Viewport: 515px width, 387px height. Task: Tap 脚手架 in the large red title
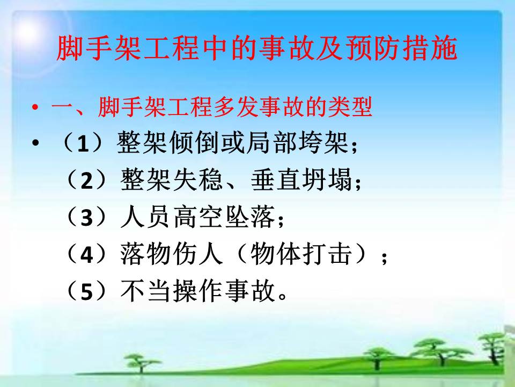pyautogui.click(x=99, y=48)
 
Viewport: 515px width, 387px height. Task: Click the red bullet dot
pyautogui.click(x=35, y=107)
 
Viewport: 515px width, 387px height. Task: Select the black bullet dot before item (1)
pyautogui.click(x=35, y=143)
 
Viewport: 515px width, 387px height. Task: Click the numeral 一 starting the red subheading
pyautogui.click(x=62, y=107)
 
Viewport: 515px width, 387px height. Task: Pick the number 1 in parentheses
pyautogui.click(x=83, y=144)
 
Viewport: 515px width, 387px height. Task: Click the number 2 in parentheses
pyautogui.click(x=87, y=181)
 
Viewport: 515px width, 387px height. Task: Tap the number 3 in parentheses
pyautogui.click(x=87, y=218)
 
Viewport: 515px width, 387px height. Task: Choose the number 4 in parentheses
pyautogui.click(x=87, y=254)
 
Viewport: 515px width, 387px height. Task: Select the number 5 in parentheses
pyautogui.click(x=87, y=291)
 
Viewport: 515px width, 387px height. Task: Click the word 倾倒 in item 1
pyautogui.click(x=195, y=143)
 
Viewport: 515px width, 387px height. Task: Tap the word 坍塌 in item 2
pyautogui.click(x=327, y=180)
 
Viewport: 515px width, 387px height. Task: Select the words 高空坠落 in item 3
pyautogui.click(x=224, y=217)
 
